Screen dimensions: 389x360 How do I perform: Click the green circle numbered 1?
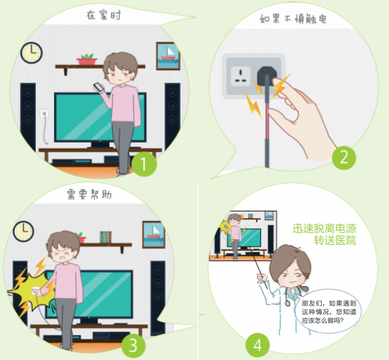(144, 164)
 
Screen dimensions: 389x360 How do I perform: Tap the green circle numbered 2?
(344, 157)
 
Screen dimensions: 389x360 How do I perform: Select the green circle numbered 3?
(133, 345)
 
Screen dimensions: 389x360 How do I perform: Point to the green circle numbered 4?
(257, 345)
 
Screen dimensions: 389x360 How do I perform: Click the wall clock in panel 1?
(31, 53)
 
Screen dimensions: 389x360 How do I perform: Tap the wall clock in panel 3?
(23, 231)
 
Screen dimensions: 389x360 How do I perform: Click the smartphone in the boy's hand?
(99, 87)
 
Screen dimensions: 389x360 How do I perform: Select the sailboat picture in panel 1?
(168, 56)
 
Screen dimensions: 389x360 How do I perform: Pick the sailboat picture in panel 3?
(154, 235)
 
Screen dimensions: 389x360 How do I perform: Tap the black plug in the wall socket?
(266, 75)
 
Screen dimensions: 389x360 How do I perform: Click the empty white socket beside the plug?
(241, 76)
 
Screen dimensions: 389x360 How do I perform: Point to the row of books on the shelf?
(106, 237)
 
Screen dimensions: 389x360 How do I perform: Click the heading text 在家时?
(104, 15)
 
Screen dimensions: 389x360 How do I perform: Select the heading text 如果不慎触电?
(293, 19)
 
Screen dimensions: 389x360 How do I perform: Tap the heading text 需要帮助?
(89, 195)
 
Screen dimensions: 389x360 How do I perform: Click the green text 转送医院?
(335, 240)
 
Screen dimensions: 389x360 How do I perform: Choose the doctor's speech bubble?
(329, 311)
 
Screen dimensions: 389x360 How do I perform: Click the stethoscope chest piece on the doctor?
(288, 303)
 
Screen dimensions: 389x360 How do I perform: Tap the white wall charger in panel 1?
(45, 113)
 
